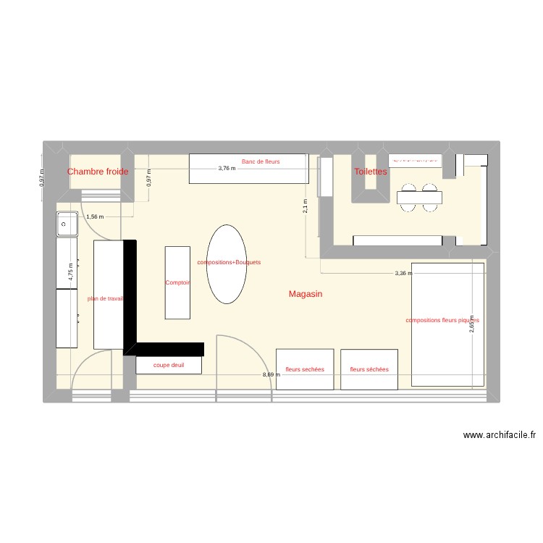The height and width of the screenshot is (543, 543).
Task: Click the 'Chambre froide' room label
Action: click(x=98, y=172)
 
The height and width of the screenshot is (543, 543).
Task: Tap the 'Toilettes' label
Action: click(x=370, y=172)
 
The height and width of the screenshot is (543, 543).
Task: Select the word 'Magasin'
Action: click(x=305, y=294)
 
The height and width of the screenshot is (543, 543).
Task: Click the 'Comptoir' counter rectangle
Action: click(x=177, y=283)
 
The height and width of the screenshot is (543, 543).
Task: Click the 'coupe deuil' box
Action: click(x=168, y=366)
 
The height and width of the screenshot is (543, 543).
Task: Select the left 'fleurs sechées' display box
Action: click(x=305, y=369)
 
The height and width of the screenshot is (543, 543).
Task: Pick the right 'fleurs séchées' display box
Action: click(x=369, y=369)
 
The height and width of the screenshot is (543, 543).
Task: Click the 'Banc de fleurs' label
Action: click(x=261, y=161)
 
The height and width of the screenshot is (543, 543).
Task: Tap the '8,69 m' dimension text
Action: click(x=270, y=374)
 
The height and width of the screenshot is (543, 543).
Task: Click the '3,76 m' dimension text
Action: click(x=227, y=168)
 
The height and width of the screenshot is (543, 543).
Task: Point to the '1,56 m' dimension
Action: click(x=95, y=216)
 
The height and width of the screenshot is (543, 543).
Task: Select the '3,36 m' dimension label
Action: click(x=403, y=274)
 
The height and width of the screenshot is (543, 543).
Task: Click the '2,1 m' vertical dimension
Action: click(x=306, y=207)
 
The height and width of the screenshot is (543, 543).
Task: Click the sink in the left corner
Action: click(x=67, y=224)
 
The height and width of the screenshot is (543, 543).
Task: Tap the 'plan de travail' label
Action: click(x=106, y=298)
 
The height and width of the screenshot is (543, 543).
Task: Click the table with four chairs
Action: click(x=419, y=196)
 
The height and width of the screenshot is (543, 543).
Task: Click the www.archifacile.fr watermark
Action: click(x=500, y=435)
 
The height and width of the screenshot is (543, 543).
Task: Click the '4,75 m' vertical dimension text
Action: click(x=71, y=270)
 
